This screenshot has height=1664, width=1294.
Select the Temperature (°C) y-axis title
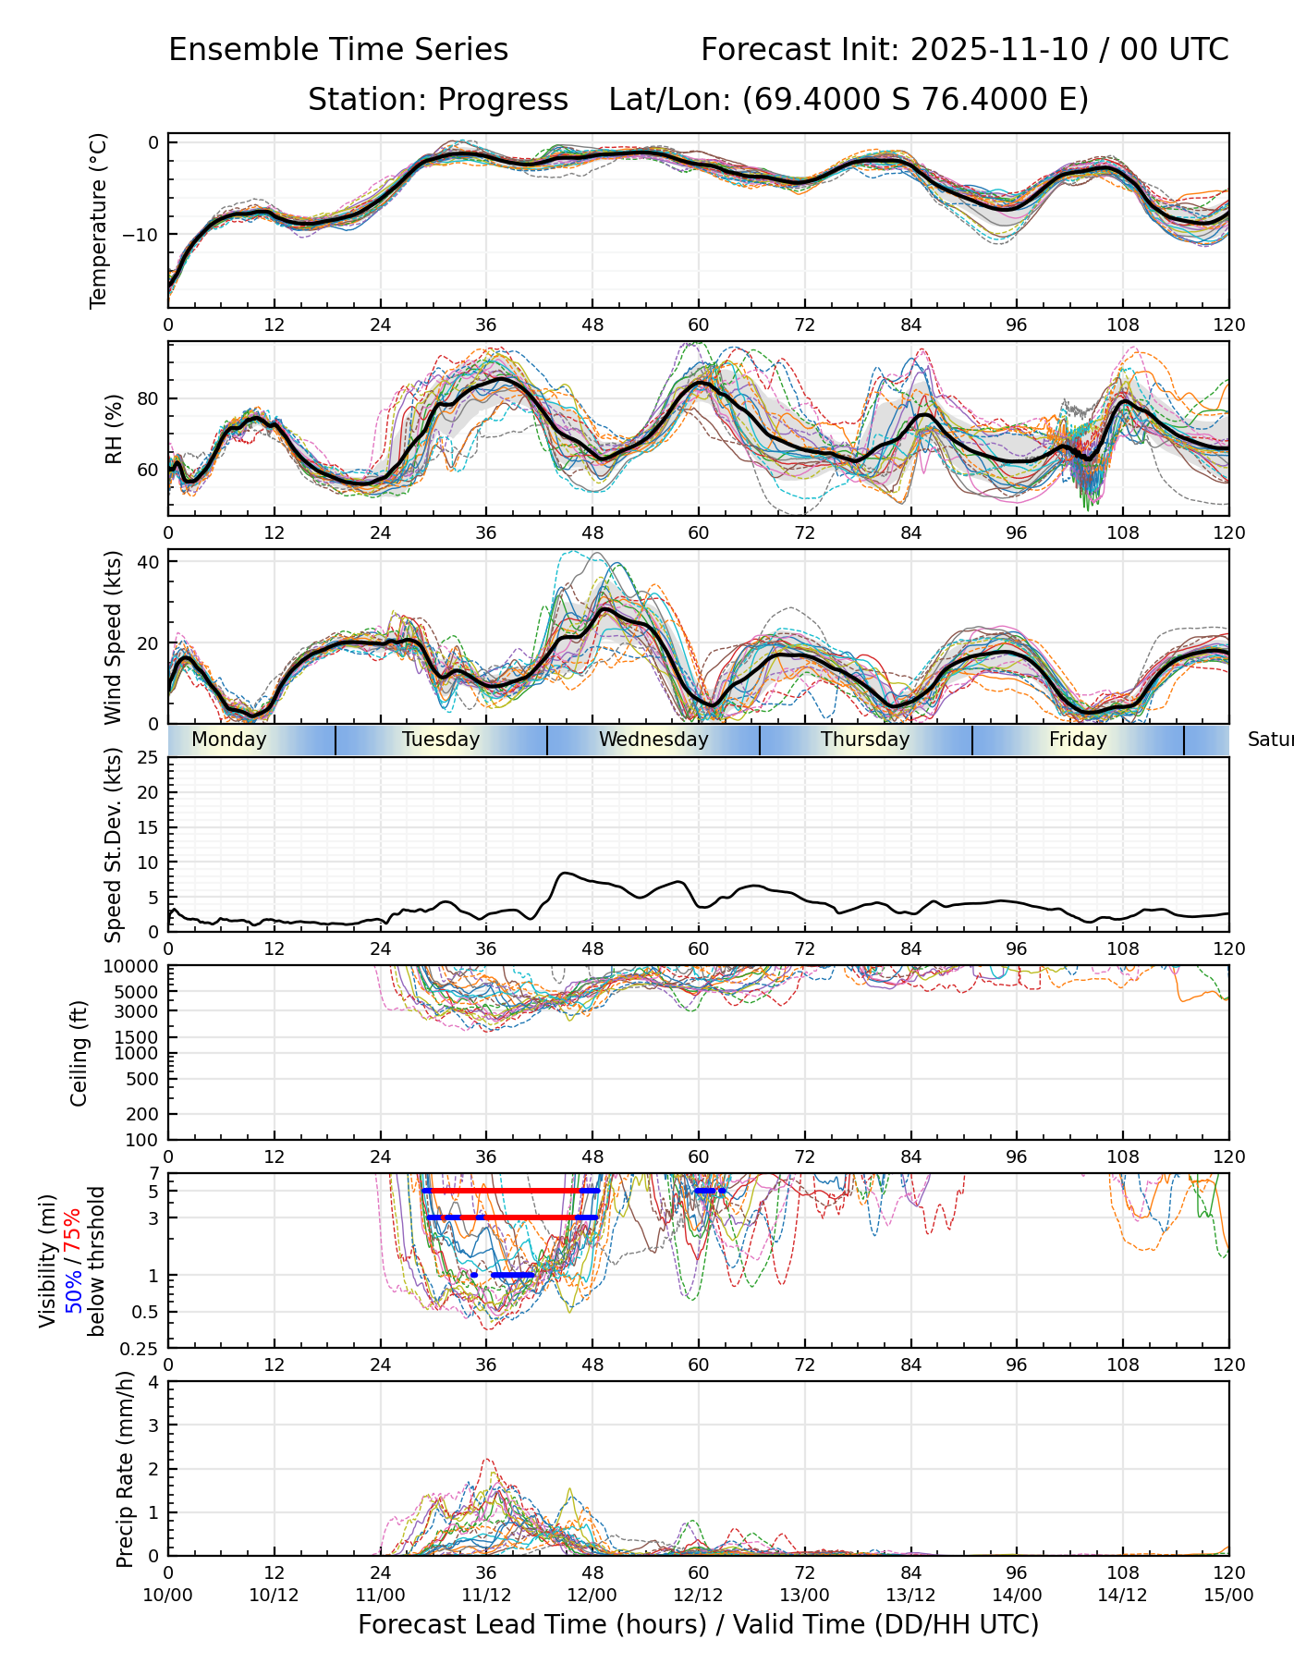click(x=99, y=220)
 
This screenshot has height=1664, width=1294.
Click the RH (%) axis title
click(x=114, y=429)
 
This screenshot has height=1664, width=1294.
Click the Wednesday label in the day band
click(x=653, y=740)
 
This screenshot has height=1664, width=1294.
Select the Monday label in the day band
click(x=229, y=740)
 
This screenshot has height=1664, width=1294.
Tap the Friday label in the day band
click(x=1078, y=740)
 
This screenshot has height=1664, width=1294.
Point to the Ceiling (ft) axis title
click(x=79, y=1053)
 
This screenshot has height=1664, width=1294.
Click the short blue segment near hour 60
click(x=710, y=1191)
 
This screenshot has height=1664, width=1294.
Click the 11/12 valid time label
click(x=486, y=1595)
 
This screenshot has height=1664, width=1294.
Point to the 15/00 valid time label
click(x=1228, y=1595)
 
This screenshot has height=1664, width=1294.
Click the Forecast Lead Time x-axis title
click(x=698, y=1624)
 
